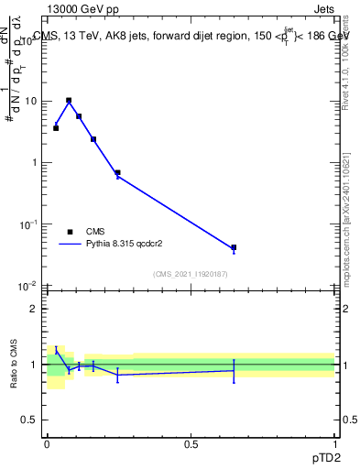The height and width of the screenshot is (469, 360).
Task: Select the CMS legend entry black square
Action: pos(70,232)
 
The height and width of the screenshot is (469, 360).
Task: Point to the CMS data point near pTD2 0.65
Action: pos(234,247)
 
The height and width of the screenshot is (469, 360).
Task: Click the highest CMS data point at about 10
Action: pos(69,100)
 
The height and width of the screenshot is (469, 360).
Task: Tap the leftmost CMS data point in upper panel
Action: pos(56,128)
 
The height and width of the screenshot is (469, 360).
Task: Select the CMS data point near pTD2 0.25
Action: pos(117,172)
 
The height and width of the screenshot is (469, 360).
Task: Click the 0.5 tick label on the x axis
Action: pos(191,443)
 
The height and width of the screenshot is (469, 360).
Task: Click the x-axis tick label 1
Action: pos(335,443)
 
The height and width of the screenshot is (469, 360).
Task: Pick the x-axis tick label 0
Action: pos(47,443)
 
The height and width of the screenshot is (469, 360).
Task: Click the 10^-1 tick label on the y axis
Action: pos(29,224)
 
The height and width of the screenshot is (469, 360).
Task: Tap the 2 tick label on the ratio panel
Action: pos(34,309)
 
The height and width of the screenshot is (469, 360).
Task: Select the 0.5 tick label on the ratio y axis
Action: pos(29,421)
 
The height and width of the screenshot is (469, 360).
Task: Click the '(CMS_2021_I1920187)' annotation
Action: pos(191,274)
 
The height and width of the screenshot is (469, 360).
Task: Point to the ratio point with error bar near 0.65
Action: pos(234,370)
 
